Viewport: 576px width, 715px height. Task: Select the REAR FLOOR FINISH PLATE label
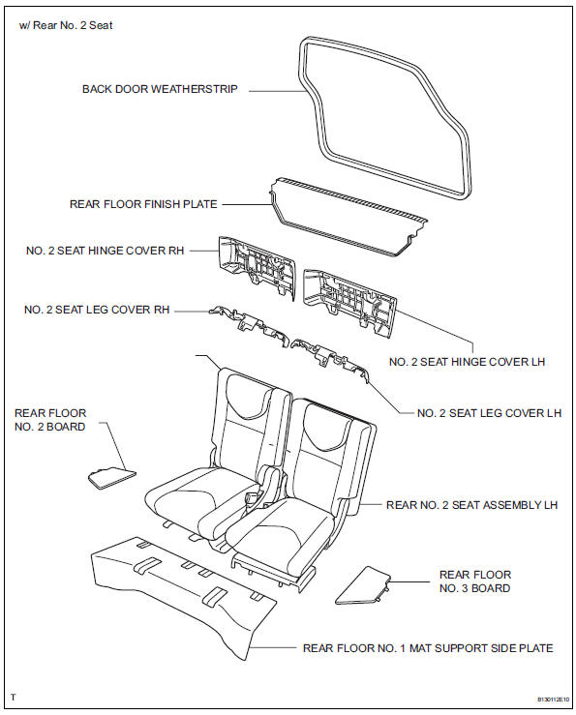143,204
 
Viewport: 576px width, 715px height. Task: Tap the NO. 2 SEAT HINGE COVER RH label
106,250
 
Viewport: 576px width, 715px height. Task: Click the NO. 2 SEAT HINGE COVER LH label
468,362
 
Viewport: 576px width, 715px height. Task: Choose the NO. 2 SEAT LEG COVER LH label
489,413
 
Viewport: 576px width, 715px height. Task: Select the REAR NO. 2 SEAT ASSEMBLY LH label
471,505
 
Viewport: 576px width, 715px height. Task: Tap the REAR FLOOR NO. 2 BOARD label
49,419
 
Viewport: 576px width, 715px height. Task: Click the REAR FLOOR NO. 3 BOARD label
474,581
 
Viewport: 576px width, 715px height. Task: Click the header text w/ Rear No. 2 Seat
66,25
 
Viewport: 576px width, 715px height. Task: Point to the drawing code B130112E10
537,697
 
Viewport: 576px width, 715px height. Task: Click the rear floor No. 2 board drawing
110,474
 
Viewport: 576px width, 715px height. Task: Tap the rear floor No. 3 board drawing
363,586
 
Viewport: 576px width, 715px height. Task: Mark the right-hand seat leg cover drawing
248,326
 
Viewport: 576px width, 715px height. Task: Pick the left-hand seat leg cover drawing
331,358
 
